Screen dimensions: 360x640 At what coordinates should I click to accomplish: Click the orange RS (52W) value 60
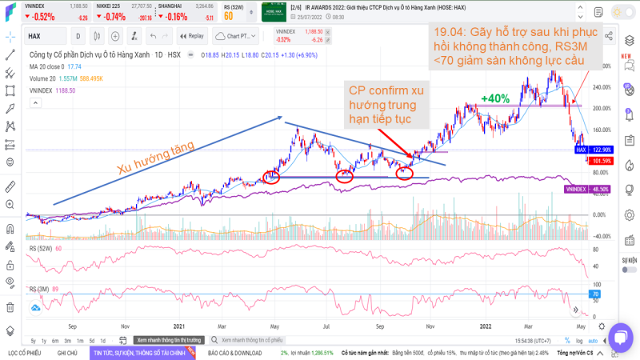pyautogui.click(x=228, y=15)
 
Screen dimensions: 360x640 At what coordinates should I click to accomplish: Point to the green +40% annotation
pyautogui.click(x=495, y=98)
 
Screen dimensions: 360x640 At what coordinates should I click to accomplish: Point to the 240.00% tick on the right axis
pyautogui.click(x=602, y=86)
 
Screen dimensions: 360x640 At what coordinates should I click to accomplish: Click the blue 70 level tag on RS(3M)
pyautogui.click(x=594, y=294)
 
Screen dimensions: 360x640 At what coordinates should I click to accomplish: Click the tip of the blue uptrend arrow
pyautogui.click(x=282, y=118)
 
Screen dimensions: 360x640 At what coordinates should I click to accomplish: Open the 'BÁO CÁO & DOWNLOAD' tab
pyautogui.click(x=234, y=352)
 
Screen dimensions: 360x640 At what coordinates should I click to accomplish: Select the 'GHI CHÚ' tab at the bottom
pyautogui.click(x=67, y=352)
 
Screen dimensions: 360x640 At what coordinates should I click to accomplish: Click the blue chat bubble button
pyautogui.click(x=621, y=336)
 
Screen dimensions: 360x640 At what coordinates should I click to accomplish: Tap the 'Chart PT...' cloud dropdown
pyautogui.click(x=238, y=36)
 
